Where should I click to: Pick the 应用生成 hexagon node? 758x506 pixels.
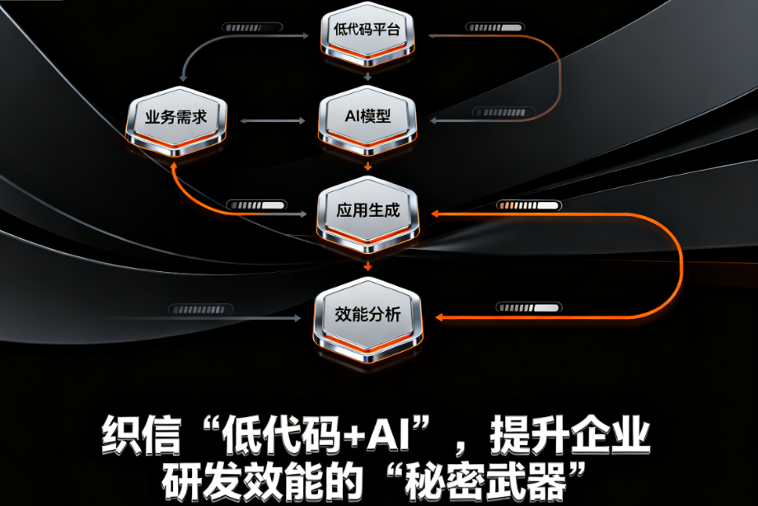[x=367, y=213]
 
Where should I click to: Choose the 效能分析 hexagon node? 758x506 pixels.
[x=367, y=316]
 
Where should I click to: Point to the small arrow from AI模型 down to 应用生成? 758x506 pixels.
[x=367, y=166]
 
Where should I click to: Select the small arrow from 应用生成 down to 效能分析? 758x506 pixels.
[x=367, y=265]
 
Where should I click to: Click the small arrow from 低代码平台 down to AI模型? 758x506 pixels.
[x=367, y=75]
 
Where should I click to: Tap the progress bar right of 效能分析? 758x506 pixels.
[x=517, y=307]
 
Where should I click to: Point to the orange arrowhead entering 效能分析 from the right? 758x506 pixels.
[x=438, y=317]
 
